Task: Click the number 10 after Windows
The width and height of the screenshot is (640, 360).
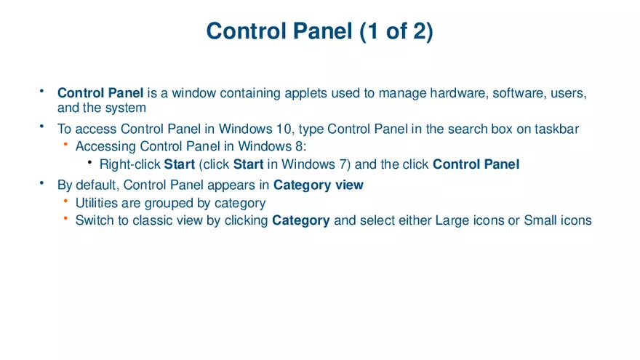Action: point(287,129)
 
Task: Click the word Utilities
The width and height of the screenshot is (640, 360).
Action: point(97,203)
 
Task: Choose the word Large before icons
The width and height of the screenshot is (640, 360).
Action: point(452,220)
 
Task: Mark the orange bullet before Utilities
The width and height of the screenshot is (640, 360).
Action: point(65,201)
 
